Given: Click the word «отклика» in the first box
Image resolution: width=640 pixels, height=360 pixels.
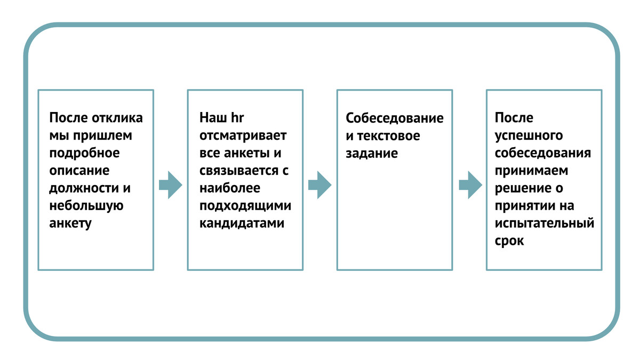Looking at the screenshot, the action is point(117,118).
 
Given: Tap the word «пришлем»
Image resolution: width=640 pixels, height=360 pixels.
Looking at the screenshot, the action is point(102,135).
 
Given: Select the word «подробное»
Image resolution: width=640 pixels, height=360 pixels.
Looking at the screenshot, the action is point(84,153).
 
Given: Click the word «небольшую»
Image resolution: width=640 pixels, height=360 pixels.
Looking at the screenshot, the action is point(86,206).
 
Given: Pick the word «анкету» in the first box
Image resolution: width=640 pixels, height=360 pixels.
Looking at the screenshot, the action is point(70,223).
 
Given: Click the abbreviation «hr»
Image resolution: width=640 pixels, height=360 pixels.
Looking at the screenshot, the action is point(237,118).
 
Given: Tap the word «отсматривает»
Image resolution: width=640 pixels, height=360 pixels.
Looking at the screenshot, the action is point(243,135).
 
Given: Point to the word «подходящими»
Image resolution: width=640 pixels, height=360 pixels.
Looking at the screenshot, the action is point(245,206).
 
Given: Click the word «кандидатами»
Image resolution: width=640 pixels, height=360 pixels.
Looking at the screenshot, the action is point(242,223).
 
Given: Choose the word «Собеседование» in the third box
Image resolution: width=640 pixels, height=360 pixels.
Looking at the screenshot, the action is point(395,118).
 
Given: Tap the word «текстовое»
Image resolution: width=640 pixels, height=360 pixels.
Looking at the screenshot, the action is point(389,136).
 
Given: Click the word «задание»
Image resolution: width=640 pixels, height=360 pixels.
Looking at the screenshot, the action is point(372,154).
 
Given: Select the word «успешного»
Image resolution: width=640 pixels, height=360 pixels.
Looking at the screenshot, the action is point(529,135).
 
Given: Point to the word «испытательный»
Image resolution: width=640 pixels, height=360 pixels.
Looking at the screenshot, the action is point(545,223).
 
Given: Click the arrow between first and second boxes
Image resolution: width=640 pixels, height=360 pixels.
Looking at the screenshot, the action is point(171,185).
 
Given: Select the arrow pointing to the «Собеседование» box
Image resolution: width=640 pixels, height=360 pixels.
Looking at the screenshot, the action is point(319,185).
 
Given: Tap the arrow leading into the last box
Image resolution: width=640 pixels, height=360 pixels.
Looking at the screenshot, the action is point(470,185).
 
